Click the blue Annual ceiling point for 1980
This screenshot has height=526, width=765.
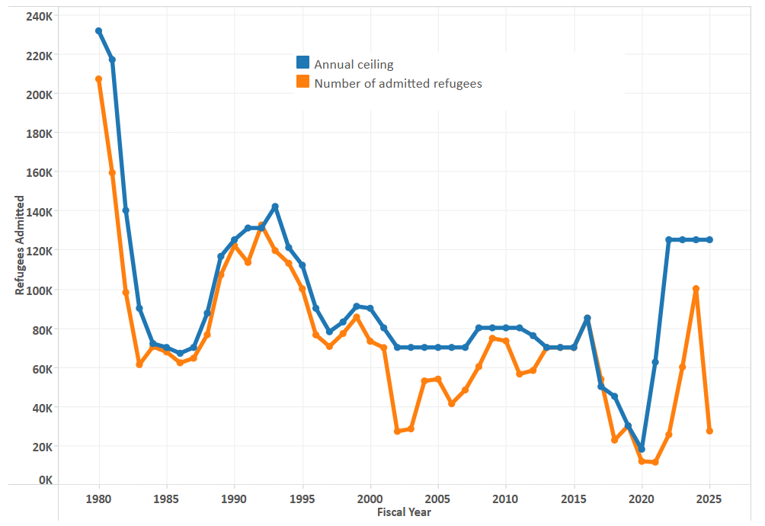(x=99, y=31)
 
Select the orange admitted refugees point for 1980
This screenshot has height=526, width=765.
(x=99, y=79)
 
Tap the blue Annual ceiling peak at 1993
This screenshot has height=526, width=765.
(x=275, y=207)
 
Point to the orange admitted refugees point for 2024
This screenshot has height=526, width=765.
(x=696, y=289)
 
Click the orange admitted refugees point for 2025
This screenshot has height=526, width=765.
(x=709, y=431)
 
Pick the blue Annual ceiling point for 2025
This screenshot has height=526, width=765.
(x=709, y=239)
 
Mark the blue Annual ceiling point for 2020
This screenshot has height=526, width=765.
(x=642, y=449)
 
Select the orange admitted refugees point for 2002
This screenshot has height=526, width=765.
(x=397, y=431)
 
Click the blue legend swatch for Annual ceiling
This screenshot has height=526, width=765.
(x=302, y=63)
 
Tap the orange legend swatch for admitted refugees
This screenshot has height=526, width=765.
(x=302, y=82)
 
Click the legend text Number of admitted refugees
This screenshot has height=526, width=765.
(x=398, y=84)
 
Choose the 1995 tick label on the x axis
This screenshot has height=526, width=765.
(x=302, y=500)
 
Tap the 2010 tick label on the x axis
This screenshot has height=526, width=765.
(x=506, y=500)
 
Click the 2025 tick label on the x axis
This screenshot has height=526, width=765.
(x=709, y=500)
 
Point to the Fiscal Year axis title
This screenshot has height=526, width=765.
(x=404, y=512)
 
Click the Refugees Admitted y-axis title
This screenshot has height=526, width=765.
(x=20, y=245)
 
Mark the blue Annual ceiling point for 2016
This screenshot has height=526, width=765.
(x=587, y=318)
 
